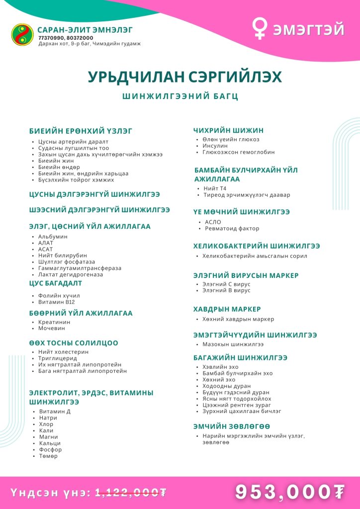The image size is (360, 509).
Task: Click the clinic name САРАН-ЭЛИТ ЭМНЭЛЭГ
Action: [x=85, y=29]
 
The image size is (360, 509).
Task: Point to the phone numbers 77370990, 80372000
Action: [x=66, y=37]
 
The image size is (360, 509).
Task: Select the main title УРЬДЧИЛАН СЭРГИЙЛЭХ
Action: [x=185, y=77]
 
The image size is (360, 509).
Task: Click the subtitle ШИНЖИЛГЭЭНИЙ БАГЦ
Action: [x=180, y=96]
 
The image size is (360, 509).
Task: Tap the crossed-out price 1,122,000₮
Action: [x=131, y=492]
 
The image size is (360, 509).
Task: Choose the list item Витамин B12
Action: [x=56, y=302]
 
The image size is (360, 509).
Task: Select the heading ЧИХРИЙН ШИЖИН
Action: [x=228, y=130]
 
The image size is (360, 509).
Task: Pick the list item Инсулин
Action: [x=215, y=146]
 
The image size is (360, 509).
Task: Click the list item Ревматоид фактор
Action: [x=232, y=229]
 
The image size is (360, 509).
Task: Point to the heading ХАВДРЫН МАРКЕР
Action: [x=227, y=309]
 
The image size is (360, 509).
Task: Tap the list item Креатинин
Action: [x=54, y=322]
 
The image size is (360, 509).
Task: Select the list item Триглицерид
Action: [x=58, y=358]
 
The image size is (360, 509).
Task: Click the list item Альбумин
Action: [x=53, y=237]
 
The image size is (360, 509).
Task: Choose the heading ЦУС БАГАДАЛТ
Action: [x=56, y=283]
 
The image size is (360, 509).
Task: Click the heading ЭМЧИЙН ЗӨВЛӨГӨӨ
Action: [x=232, y=426]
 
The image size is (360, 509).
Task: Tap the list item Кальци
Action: [x=50, y=443]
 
